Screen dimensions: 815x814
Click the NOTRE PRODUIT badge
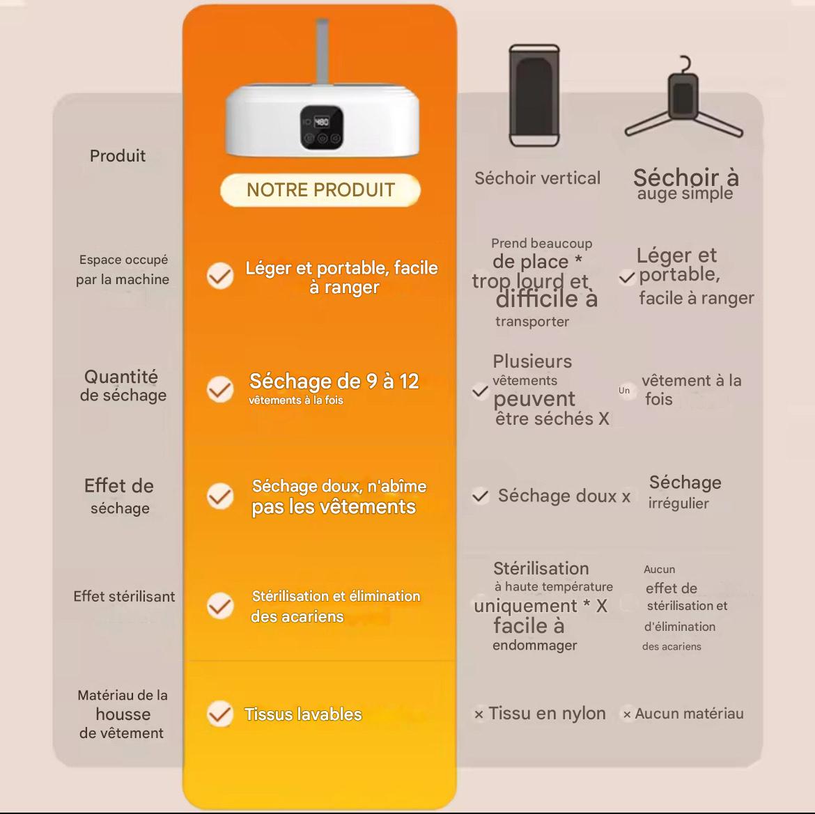tap(320, 189)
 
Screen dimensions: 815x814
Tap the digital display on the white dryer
tap(322, 127)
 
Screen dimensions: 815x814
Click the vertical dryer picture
tap(534, 96)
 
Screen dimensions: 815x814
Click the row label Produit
tap(118, 156)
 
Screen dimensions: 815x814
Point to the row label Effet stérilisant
tap(124, 596)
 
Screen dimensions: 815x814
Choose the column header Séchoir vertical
tap(538, 178)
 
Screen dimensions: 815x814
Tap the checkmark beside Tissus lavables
tap(220, 714)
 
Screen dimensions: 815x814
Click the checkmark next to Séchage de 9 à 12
tap(220, 390)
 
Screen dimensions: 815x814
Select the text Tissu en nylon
tap(547, 713)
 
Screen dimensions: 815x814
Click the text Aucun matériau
tap(689, 714)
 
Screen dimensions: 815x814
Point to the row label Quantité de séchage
tap(123, 386)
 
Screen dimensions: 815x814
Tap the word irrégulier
tap(678, 503)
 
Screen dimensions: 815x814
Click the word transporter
tap(532, 322)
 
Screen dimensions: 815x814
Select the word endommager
tap(535, 645)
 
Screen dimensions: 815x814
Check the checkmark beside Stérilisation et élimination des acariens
tap(220, 606)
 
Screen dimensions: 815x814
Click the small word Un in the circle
tap(624, 391)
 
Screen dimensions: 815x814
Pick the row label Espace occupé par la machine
tap(123, 269)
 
